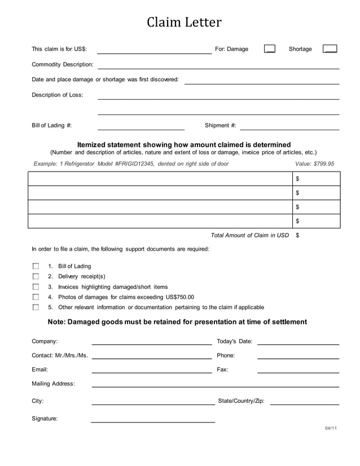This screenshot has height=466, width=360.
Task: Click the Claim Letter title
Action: tap(184, 23)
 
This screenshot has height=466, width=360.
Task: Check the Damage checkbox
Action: tap(270, 49)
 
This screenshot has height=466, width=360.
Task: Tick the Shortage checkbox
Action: tap(330, 49)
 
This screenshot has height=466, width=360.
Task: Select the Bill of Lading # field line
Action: tap(141, 129)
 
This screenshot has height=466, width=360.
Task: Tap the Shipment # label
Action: tap(220, 126)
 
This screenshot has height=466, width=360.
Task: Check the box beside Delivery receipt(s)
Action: tap(36, 276)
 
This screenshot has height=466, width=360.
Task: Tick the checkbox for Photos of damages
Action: tap(36, 297)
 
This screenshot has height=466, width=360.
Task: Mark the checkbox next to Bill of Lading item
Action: tap(36, 266)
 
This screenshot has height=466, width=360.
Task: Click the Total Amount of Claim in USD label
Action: tap(249, 235)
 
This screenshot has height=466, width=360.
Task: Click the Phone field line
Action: tap(298, 358)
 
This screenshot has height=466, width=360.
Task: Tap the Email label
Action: tap(39, 370)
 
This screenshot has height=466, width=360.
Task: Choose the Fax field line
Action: tap(298, 372)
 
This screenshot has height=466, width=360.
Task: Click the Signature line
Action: tap(153, 421)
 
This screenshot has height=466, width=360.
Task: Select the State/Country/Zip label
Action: tap(241, 401)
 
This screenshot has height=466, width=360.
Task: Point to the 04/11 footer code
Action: tap(331, 429)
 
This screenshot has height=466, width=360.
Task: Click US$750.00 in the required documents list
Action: tap(179, 297)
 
